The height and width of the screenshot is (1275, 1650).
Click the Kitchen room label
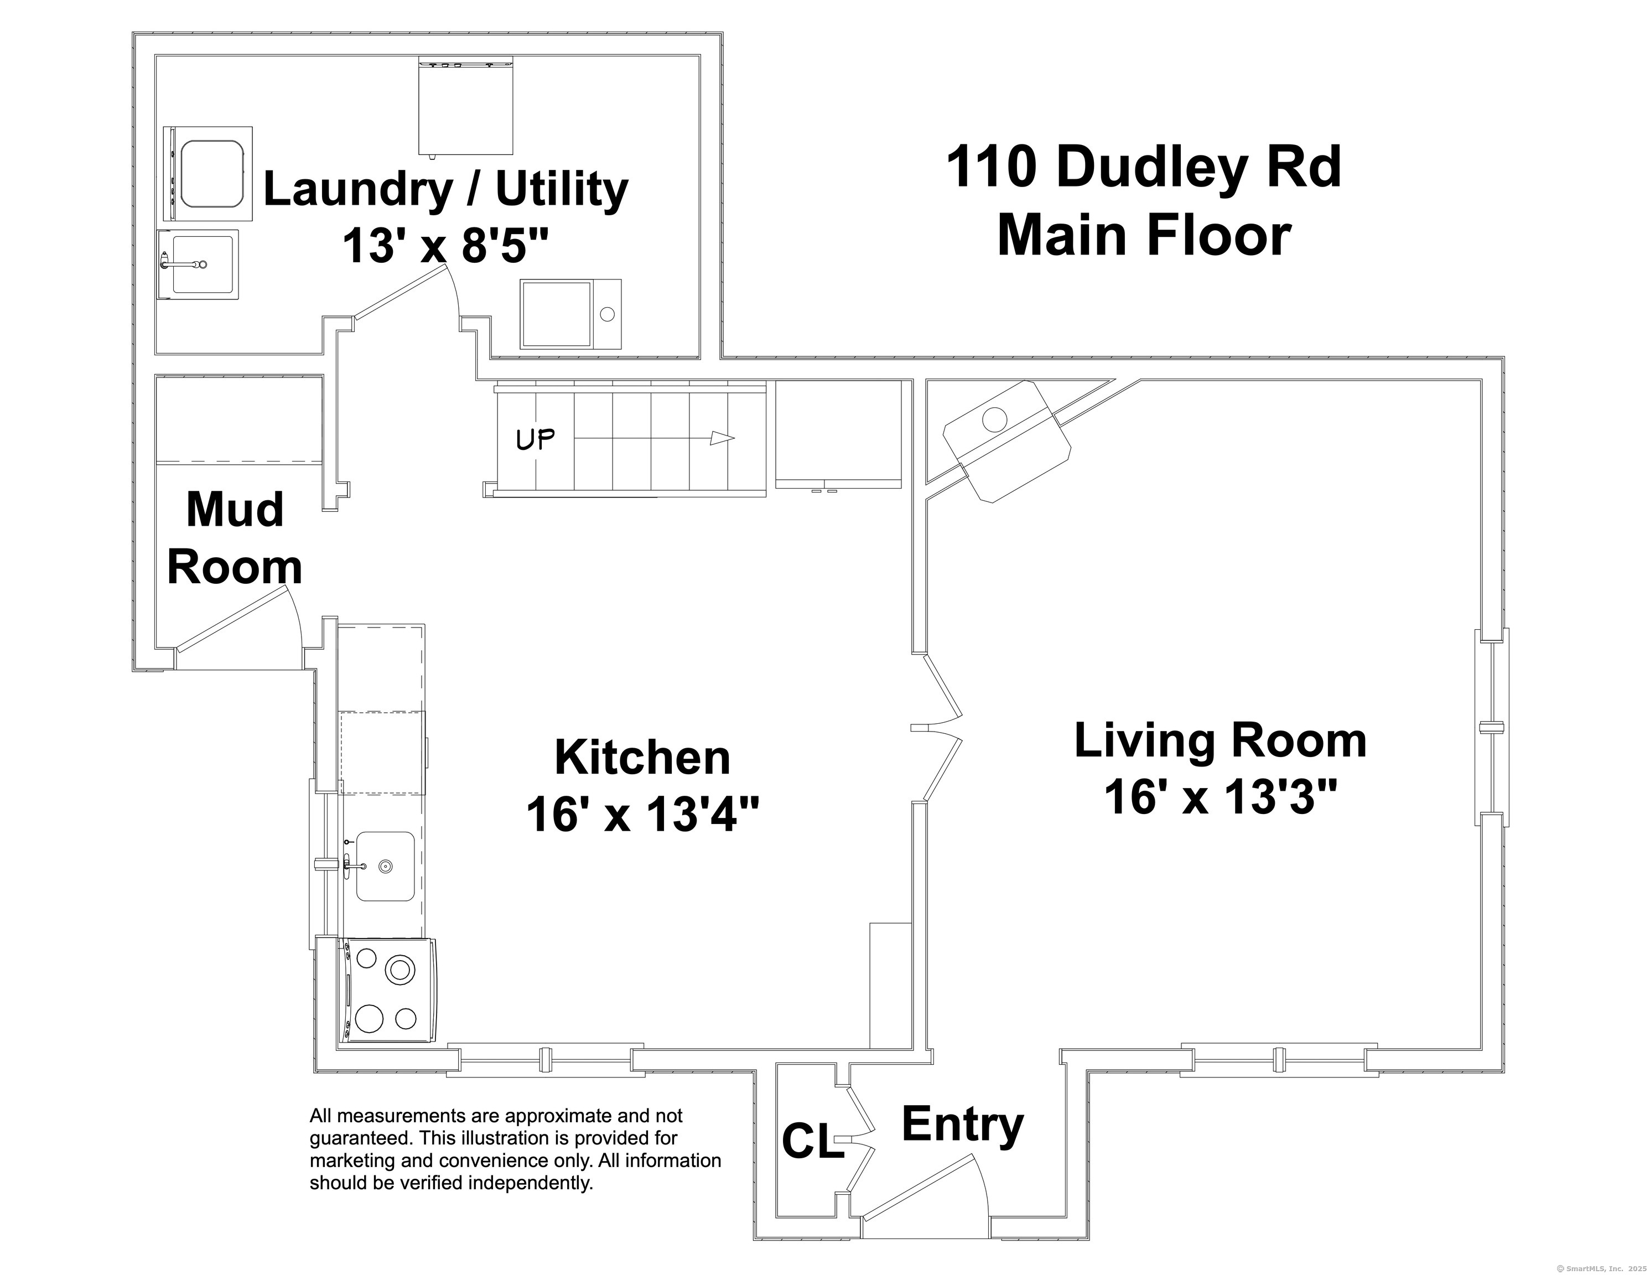tap(642, 758)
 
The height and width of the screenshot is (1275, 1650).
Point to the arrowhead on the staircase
tap(723, 438)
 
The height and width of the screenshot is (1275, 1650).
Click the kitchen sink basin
tap(385, 866)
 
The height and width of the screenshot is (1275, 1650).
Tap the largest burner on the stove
tap(399, 969)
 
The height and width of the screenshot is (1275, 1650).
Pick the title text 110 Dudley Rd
tap(1143, 168)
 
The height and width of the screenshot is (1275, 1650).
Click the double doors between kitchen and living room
tap(937, 728)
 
